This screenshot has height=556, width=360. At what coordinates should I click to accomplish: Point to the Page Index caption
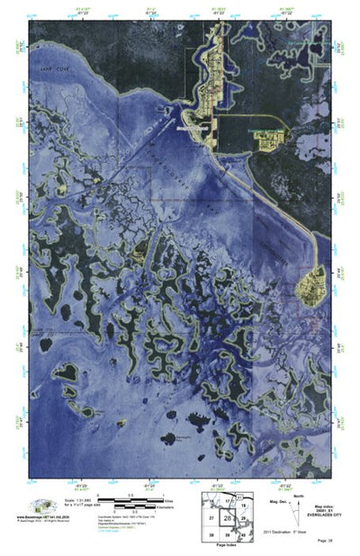pyautogui.click(x=227, y=545)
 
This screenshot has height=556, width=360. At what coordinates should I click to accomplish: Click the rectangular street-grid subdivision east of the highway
pyautogui.click(x=268, y=139)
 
